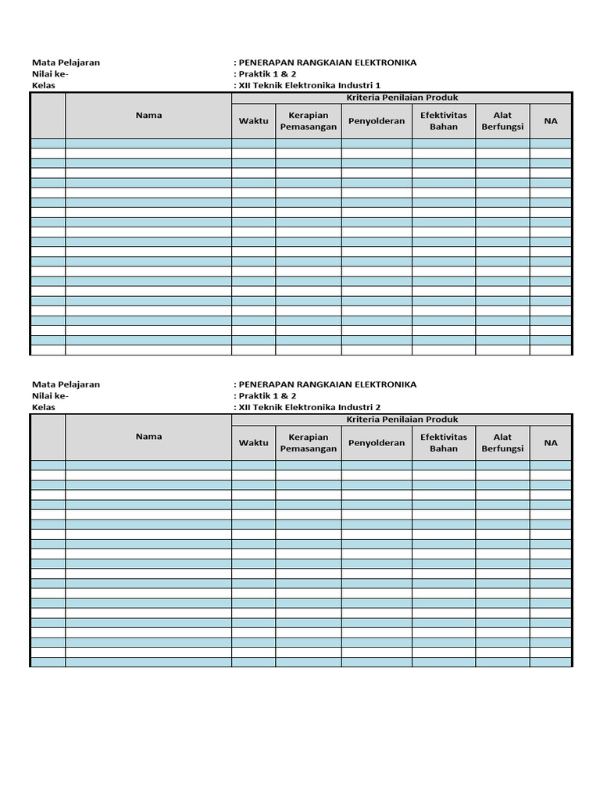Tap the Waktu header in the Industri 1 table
coord(253,121)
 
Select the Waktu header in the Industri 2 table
coord(253,443)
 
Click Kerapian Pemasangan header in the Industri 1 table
coord(308,121)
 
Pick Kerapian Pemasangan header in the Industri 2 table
coord(308,443)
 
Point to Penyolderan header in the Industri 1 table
coord(377,121)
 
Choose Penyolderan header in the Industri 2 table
coord(377,443)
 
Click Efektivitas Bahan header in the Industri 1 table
coord(443,121)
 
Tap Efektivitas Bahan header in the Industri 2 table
coord(443,443)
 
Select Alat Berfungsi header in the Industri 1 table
coord(502,121)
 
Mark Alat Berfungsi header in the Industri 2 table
coord(502,443)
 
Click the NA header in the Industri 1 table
coord(551,121)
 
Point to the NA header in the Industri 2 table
coord(551,443)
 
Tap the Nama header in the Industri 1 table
coord(148,115)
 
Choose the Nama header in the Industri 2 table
coord(148,437)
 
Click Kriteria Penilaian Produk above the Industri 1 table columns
coord(402,98)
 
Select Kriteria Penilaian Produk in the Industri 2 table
coord(402,420)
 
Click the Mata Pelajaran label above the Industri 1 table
coord(66,62)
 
